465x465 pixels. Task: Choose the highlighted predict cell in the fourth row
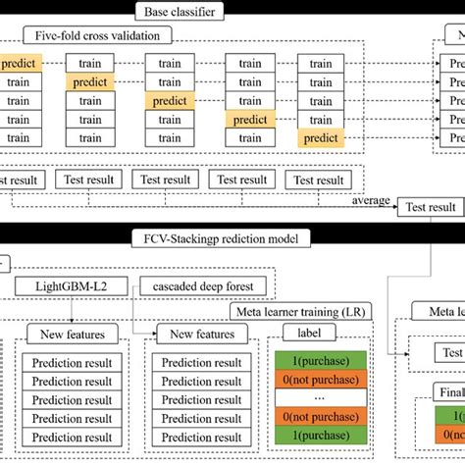coord(251,119)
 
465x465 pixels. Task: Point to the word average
coord(369,200)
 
